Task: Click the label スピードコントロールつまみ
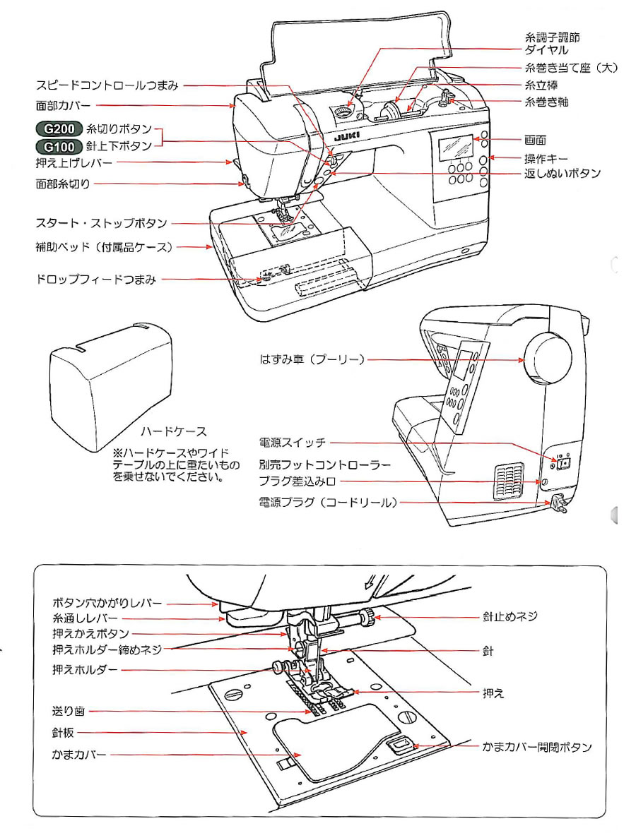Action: [x=107, y=85]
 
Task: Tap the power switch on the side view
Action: [x=563, y=463]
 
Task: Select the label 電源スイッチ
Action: [x=293, y=443]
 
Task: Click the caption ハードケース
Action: [x=174, y=431]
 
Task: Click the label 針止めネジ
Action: [x=510, y=616]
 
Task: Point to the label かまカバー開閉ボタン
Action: [x=537, y=746]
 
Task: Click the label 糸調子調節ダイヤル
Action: [x=552, y=44]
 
